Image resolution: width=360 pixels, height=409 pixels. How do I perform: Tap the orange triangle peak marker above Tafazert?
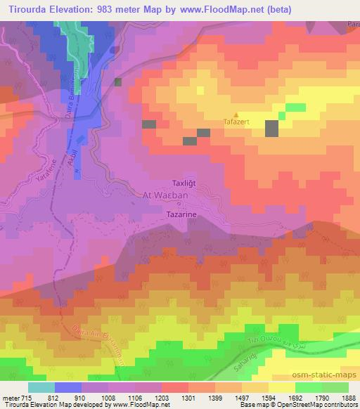[236, 114]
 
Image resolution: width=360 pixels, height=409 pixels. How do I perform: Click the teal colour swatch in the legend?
[41, 387]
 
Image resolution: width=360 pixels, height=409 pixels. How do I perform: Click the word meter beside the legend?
[10, 398]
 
